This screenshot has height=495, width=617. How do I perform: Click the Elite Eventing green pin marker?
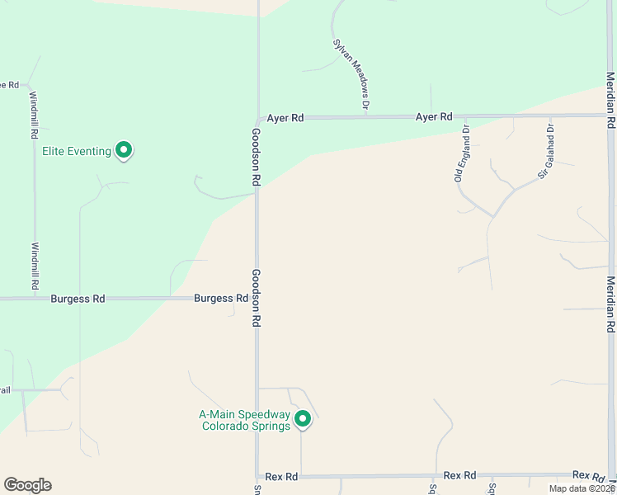[124, 150]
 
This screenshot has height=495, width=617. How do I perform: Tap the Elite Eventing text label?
[77, 152]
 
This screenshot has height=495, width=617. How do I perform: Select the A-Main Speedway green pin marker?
[303, 419]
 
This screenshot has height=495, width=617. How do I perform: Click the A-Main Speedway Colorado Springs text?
[246, 421]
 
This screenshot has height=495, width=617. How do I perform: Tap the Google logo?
[27, 485]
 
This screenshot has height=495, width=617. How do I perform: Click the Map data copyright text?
[582, 488]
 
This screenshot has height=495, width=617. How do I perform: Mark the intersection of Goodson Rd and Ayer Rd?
[257, 118]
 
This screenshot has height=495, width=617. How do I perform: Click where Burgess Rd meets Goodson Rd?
[257, 299]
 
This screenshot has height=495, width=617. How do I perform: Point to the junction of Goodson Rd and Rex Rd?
[257, 476]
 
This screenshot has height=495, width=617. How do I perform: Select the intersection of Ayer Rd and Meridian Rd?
[610, 115]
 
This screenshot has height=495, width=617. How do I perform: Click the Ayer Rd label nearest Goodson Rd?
[285, 118]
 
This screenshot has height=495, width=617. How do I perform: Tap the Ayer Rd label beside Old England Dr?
[434, 117]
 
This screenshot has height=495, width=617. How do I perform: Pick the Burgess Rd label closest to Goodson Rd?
[221, 299]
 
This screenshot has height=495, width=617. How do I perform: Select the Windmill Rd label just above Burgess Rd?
[35, 265]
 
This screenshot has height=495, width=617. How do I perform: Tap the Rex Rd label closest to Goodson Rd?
[281, 477]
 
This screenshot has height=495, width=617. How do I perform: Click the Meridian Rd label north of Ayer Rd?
[610, 99]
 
